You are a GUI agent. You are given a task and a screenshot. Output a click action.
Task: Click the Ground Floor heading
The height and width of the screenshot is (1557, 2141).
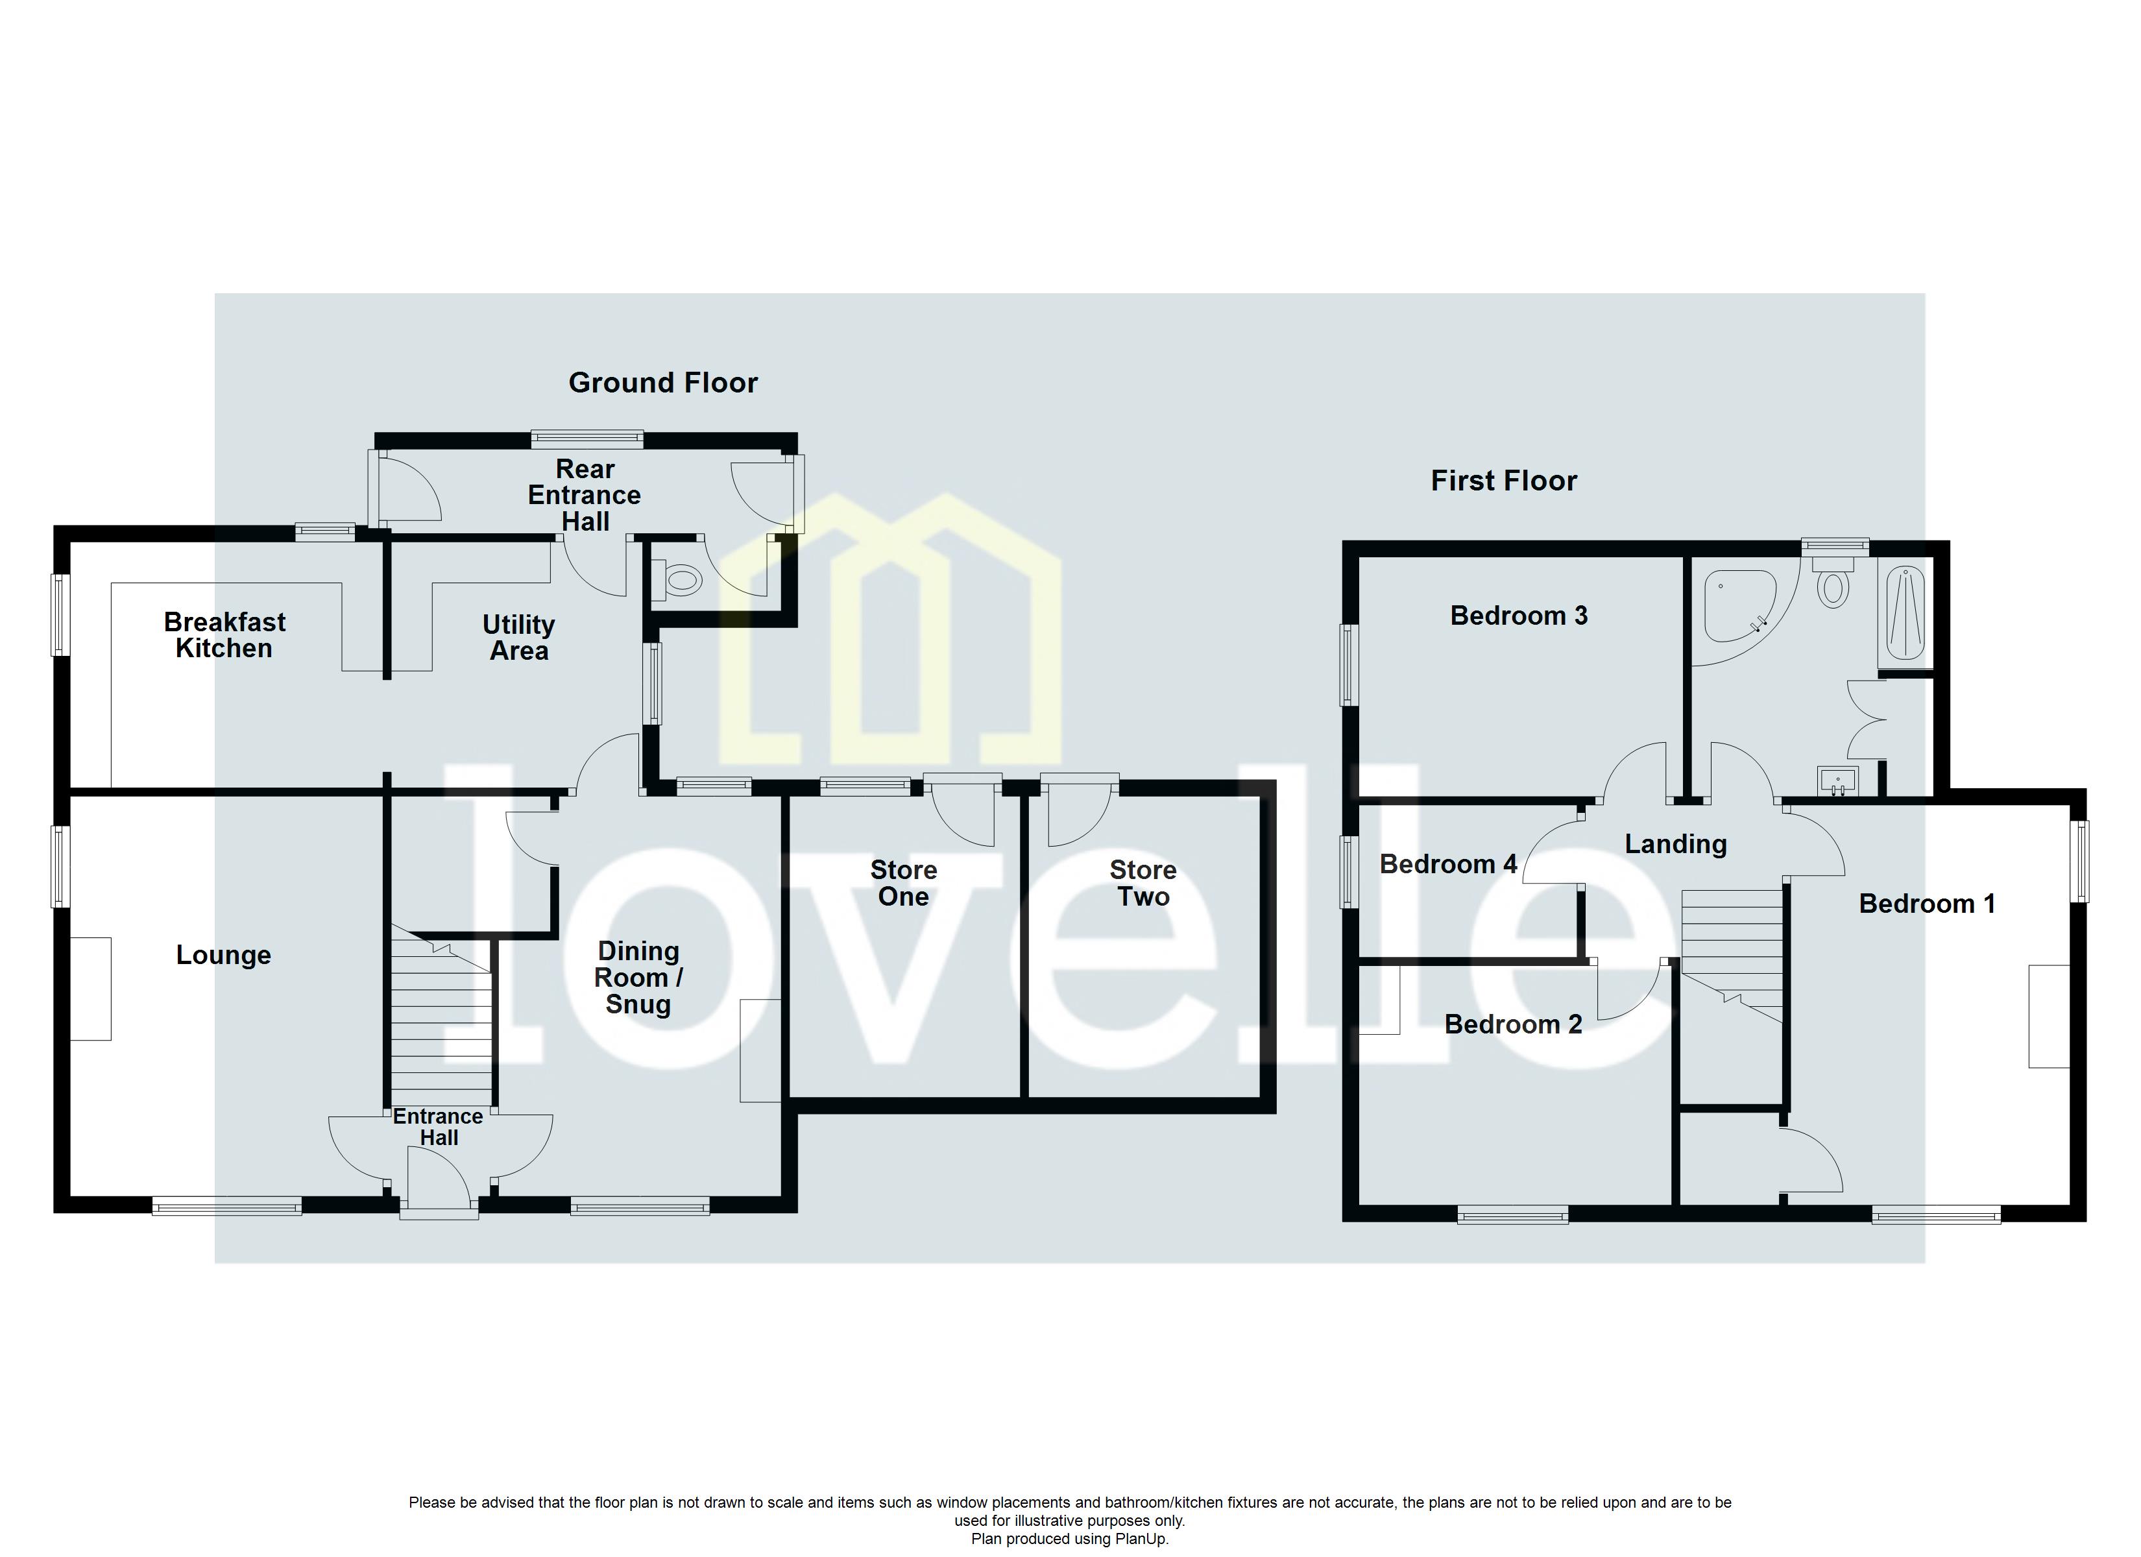click(662, 382)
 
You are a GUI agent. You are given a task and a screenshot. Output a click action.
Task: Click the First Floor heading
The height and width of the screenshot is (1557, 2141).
click(1503, 481)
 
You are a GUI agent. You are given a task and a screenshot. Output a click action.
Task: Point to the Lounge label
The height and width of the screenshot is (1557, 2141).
click(224, 954)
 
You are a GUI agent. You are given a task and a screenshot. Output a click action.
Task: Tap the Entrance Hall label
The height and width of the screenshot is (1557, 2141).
click(438, 1126)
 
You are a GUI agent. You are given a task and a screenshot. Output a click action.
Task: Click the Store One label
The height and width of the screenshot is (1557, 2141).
click(903, 883)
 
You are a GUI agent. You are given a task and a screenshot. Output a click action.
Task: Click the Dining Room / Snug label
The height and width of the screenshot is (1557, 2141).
click(638, 977)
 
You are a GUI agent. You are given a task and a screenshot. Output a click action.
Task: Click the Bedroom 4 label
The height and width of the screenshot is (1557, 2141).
click(1447, 864)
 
